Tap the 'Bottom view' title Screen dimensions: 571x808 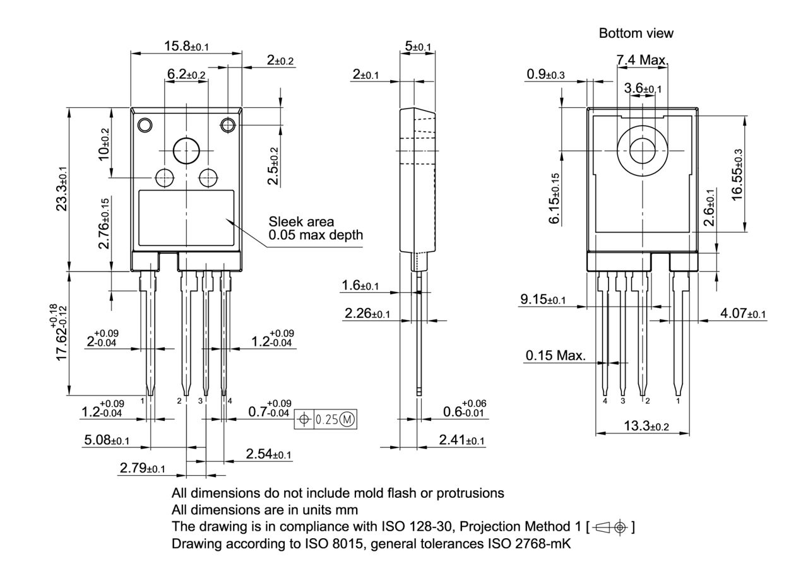[x=636, y=33]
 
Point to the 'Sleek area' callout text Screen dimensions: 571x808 [x=301, y=222]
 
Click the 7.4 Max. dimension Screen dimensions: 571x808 [x=641, y=60]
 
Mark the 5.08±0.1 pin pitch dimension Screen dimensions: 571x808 [x=107, y=440]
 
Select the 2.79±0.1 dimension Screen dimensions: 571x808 [x=142, y=468]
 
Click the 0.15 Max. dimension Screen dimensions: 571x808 [x=555, y=356]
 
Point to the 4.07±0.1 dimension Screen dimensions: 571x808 [x=743, y=314]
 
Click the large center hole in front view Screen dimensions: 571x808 [x=186, y=151]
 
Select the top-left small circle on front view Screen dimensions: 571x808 [x=145, y=125]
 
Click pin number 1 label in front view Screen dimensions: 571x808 [x=143, y=401]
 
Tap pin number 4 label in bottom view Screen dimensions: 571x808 [x=605, y=401]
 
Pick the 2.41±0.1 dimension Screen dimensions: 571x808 [x=462, y=440]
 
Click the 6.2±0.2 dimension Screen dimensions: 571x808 [x=186, y=74]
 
